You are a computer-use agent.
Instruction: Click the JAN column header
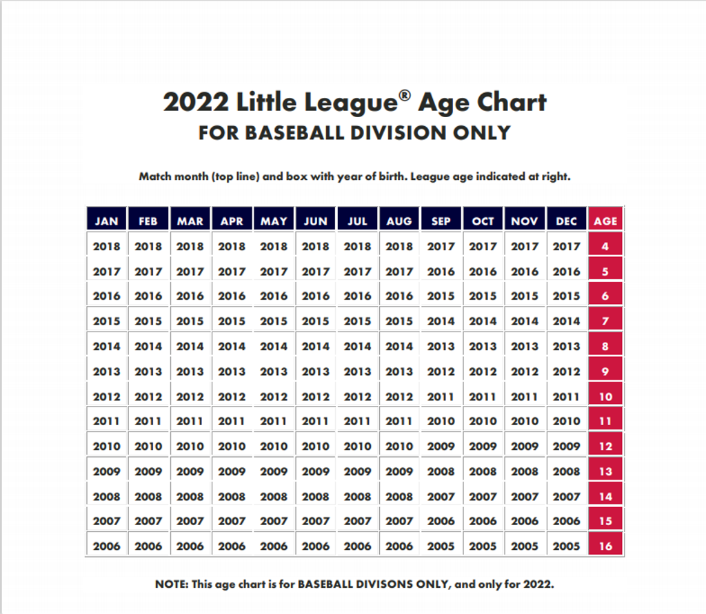(106, 221)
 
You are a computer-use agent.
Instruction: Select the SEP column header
(441, 221)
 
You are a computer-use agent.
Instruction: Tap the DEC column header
(566, 221)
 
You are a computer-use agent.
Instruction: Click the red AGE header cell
(605, 221)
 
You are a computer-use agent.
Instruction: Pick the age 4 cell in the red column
(605, 246)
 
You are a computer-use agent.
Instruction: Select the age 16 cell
(605, 546)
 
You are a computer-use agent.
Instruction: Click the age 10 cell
(605, 396)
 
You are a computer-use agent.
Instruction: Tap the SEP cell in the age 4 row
(441, 246)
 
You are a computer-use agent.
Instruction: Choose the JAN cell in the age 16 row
(106, 546)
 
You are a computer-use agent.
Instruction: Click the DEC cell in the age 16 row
(566, 546)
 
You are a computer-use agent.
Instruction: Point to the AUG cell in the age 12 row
(399, 446)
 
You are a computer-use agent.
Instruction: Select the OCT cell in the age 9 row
(483, 371)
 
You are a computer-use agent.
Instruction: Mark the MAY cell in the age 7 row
(274, 321)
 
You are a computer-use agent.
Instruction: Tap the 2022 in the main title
(196, 102)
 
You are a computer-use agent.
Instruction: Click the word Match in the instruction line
(155, 176)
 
